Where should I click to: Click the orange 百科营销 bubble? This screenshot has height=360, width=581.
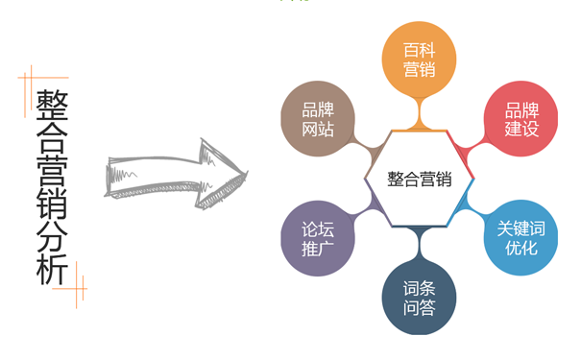418,60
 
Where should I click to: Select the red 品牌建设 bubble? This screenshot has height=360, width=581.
521,119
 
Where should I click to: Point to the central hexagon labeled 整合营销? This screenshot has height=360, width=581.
419,179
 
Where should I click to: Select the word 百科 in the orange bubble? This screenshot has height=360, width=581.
418,49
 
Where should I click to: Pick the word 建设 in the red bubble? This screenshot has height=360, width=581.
521,130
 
